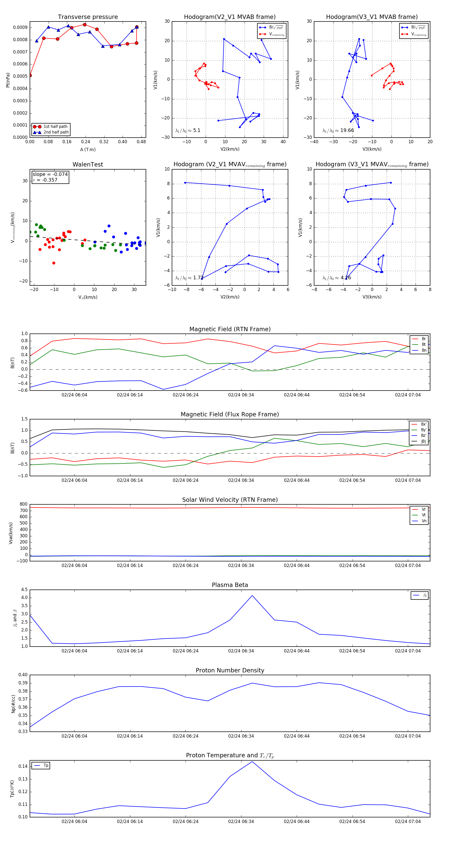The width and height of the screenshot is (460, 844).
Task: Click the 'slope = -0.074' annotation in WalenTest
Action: [50, 174]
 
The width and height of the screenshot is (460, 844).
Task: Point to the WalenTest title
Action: [88, 164]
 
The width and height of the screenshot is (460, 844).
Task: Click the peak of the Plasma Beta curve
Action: [252, 596]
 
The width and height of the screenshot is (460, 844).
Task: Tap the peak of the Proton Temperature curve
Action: [252, 761]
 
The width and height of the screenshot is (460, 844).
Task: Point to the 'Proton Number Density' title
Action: [230, 670]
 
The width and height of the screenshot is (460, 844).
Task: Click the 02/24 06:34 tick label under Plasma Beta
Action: [241, 651]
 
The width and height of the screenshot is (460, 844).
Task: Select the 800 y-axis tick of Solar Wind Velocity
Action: [24, 504]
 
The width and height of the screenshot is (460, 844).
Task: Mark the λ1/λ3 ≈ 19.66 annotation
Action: [338, 130]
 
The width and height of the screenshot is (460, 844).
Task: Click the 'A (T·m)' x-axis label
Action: [88, 149]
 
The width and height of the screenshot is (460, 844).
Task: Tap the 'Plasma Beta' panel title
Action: [230, 585]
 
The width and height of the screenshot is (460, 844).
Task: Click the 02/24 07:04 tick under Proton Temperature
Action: [408, 821]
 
